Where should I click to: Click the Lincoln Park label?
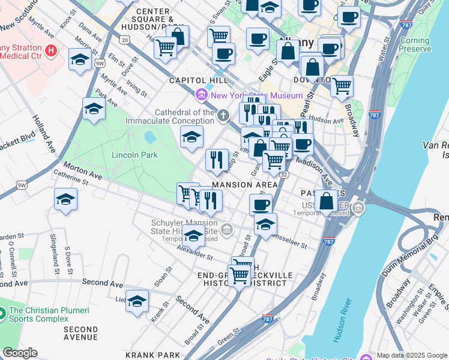134,155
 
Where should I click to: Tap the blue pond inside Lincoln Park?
149,137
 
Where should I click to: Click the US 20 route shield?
124,39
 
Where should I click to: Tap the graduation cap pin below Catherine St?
65,200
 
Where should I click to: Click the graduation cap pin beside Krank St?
137,301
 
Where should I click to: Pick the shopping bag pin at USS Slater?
327,202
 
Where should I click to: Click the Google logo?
19,353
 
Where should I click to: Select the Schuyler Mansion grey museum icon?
227,229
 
